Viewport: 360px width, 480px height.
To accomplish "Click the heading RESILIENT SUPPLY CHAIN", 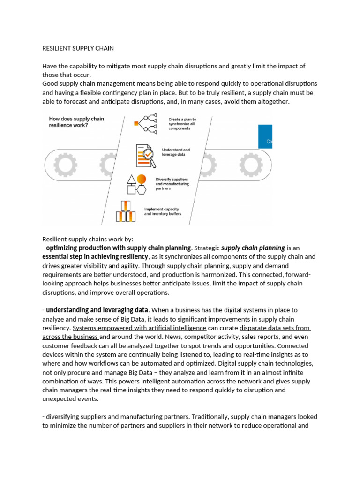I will (x=78, y=48).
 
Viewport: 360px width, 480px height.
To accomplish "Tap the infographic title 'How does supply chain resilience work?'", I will (x=76, y=122).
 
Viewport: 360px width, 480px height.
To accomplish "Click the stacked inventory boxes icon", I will (x=125, y=211).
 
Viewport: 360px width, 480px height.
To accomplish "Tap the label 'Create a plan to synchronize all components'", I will (x=182, y=123).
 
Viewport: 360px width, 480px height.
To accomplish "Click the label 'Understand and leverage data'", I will (x=176, y=152).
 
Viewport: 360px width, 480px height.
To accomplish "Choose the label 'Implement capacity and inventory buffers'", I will (x=162, y=211).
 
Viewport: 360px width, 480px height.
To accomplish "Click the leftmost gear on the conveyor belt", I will (x=63, y=165).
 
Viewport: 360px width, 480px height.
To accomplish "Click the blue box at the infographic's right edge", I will (x=265, y=136).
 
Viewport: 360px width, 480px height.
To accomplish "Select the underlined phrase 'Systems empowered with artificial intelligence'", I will (x=139, y=328).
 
